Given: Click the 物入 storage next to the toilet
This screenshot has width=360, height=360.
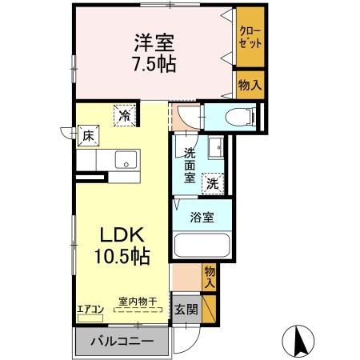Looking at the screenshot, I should pos(250,84).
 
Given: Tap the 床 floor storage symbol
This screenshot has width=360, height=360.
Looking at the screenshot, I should pos(88,135).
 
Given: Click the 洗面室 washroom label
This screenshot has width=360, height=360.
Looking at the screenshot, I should pos(190,165).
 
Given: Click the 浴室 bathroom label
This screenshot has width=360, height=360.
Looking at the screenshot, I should pos(201,216).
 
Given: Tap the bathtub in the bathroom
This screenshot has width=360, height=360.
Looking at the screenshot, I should pos(201,249).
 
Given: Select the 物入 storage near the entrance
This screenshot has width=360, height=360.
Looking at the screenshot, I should pos(210,277).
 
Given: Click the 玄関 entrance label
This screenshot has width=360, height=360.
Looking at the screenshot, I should pos(186,309).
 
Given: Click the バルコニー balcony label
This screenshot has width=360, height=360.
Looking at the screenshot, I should pos(122,342).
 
